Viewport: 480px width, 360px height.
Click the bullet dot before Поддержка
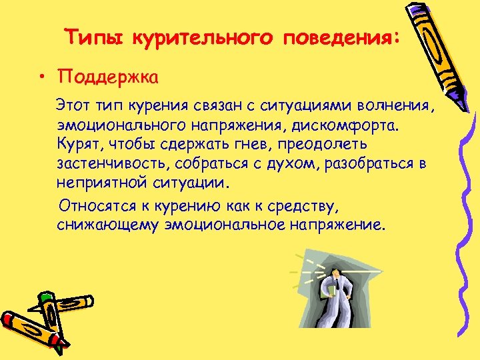click(x=41, y=78)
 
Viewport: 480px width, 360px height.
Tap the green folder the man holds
click(x=329, y=287)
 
